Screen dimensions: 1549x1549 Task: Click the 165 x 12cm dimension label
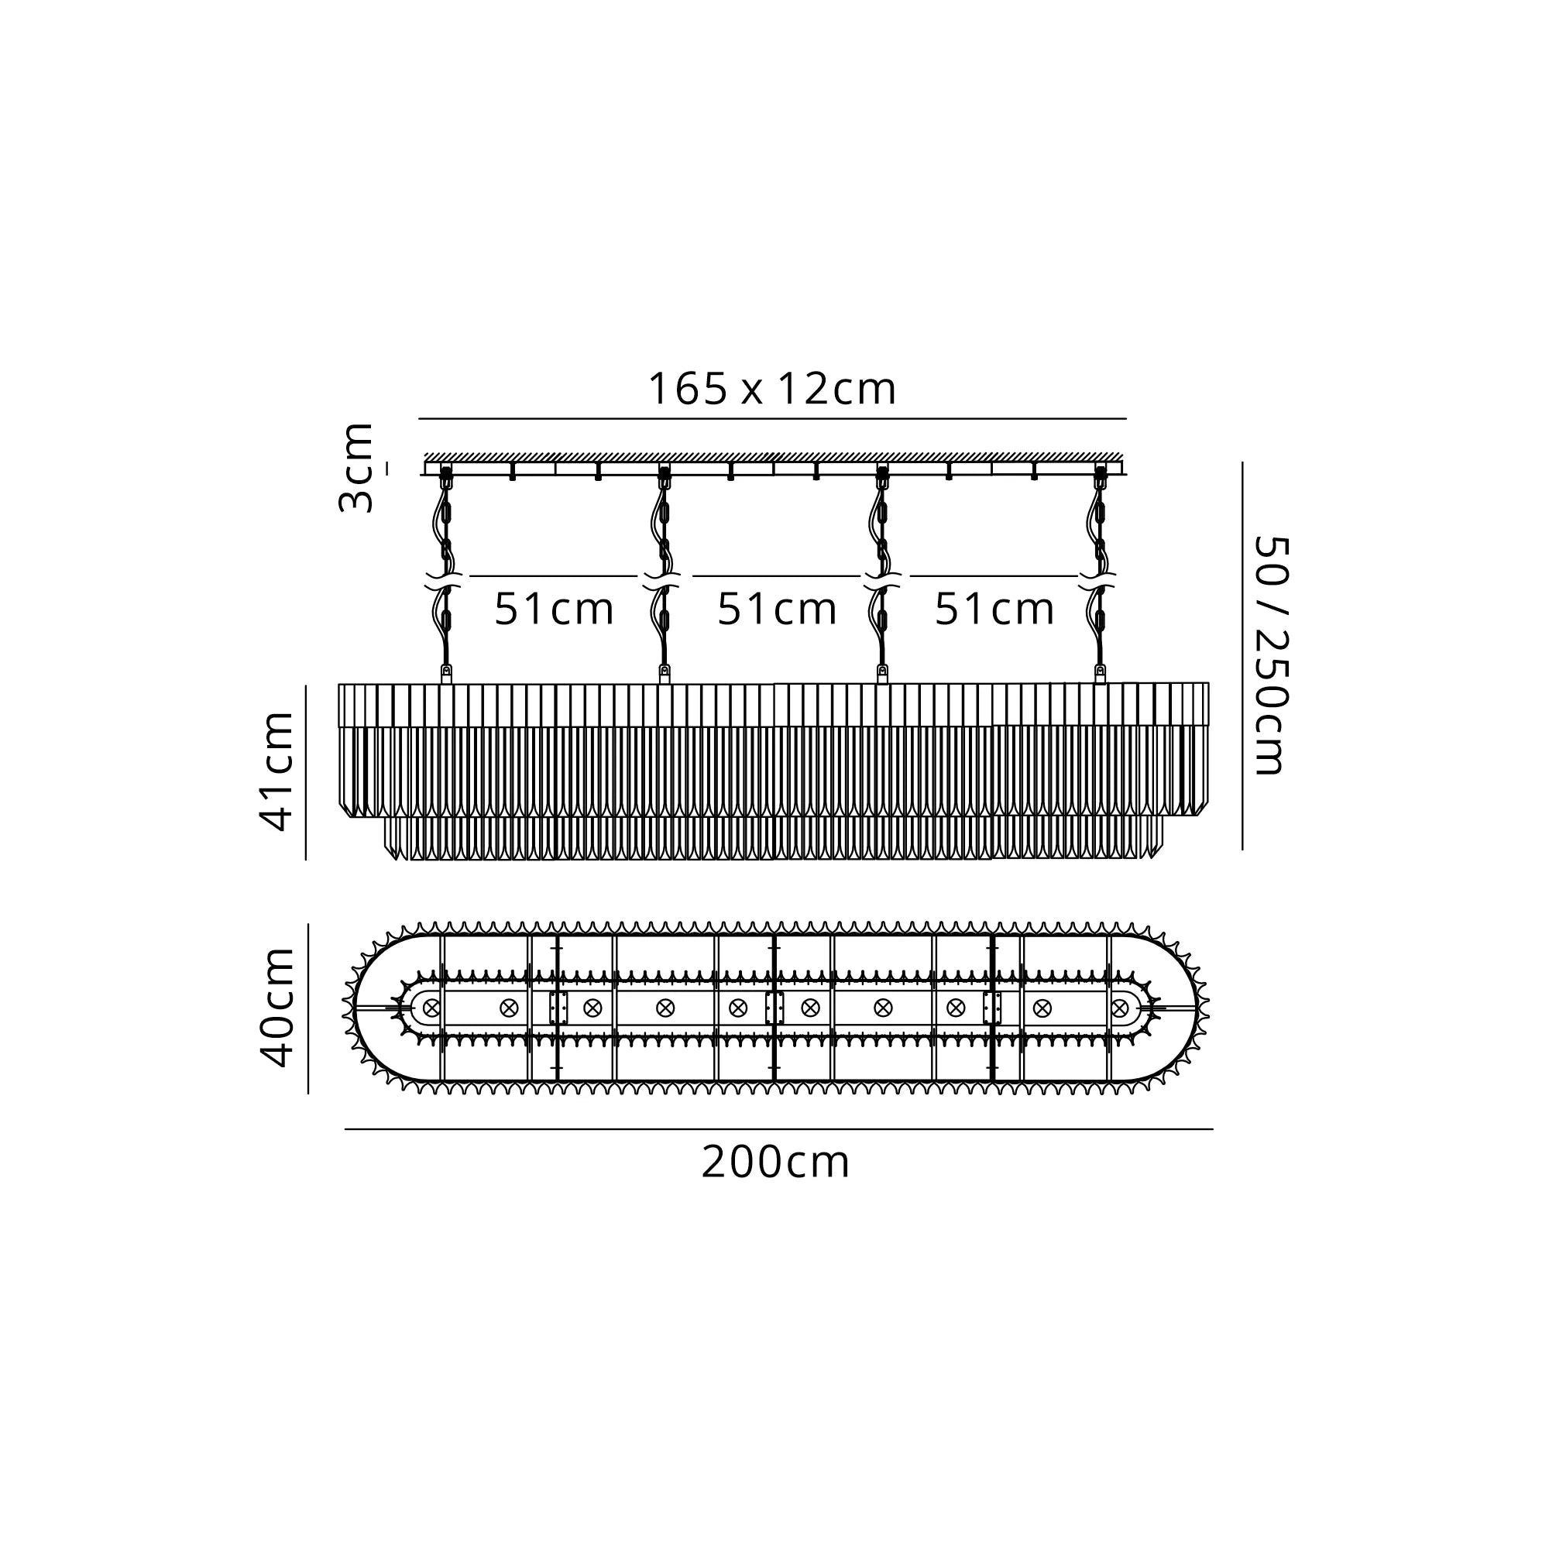tap(771, 389)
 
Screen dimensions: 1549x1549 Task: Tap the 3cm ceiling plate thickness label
tap(356, 468)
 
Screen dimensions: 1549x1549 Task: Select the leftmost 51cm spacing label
tap(554, 610)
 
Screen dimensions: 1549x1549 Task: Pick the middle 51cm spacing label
tap(777, 610)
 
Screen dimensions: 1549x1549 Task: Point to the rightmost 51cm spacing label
tap(994, 610)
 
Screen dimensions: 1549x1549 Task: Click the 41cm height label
tap(277, 771)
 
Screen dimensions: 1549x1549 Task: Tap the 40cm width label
tap(277, 1007)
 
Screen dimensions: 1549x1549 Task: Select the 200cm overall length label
tap(775, 1163)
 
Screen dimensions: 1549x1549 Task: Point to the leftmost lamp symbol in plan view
tap(432, 1008)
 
